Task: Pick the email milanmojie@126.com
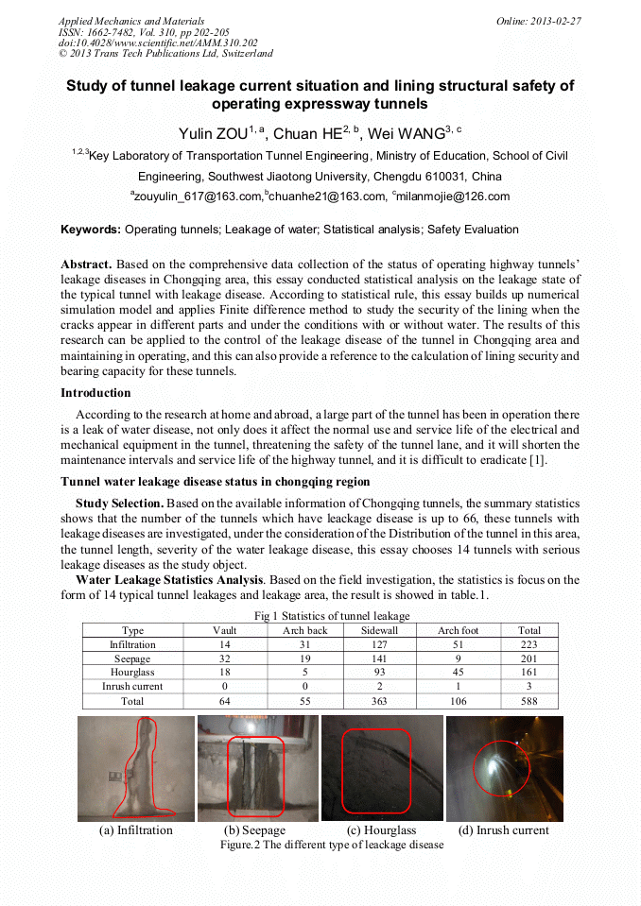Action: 453,197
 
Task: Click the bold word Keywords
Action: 90,230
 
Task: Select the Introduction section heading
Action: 95,392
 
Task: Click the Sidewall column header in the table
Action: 379,630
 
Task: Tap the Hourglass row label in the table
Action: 132,673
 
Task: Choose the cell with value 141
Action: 379,658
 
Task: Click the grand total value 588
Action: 529,701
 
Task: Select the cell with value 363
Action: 379,701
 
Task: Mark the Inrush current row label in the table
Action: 132,687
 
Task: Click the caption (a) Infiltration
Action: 136,830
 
